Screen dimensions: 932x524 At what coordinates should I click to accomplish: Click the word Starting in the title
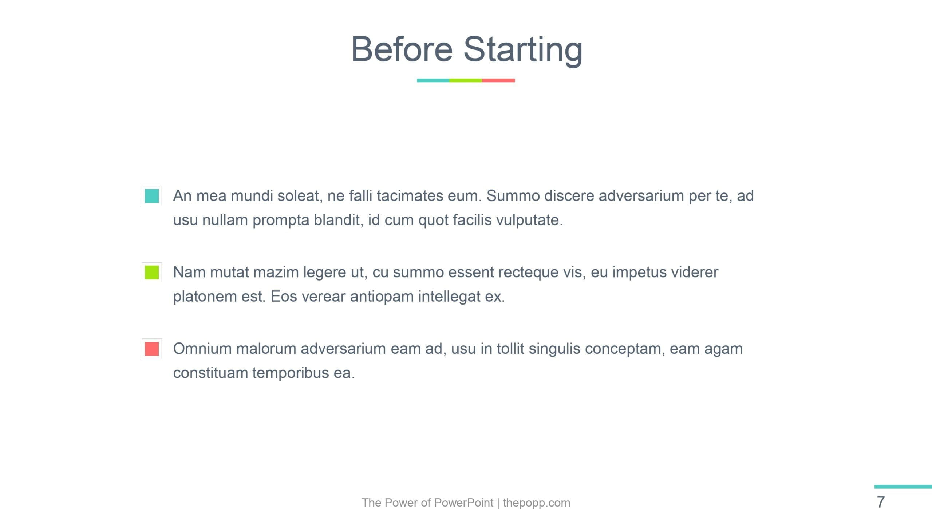click(523, 51)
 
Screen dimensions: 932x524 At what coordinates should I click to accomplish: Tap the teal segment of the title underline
click(433, 80)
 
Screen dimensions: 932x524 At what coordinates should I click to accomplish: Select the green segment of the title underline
click(466, 80)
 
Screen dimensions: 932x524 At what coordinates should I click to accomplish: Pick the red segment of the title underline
click(498, 80)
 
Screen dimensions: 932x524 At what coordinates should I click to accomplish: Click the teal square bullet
click(152, 196)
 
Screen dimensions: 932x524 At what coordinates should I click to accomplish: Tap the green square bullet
click(152, 272)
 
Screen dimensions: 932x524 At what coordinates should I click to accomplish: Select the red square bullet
click(152, 349)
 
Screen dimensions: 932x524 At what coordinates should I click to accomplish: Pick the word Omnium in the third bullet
click(202, 349)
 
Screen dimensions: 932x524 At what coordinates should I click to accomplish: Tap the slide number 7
click(881, 503)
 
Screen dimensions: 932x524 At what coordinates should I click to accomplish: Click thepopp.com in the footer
click(536, 503)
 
